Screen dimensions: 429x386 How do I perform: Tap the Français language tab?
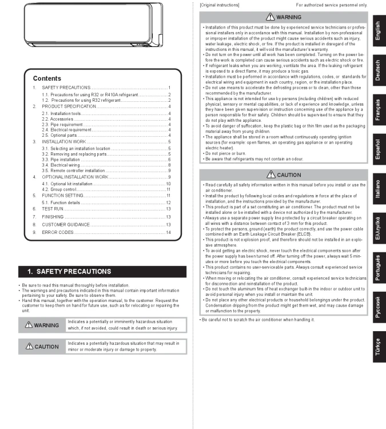(x=377, y=108)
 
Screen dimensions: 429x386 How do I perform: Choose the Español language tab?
(x=377, y=146)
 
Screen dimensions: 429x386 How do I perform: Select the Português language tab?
(x=377, y=266)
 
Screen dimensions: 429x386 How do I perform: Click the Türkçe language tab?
(x=377, y=344)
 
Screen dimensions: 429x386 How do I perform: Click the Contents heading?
(x=47, y=78)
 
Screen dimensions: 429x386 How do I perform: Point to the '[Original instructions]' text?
(x=220, y=5)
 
